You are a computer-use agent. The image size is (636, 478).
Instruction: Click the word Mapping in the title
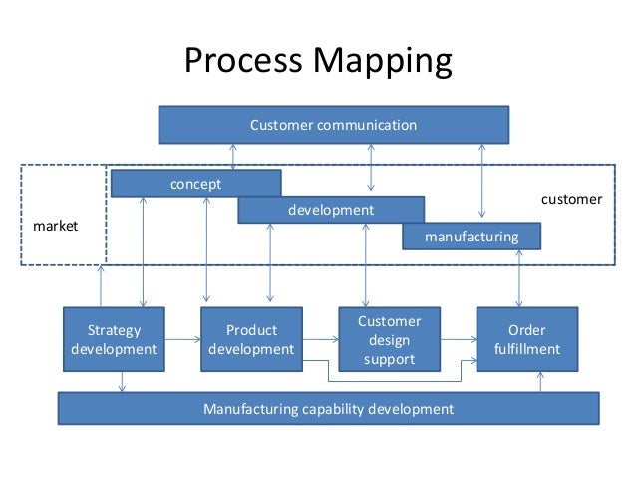pos(383,64)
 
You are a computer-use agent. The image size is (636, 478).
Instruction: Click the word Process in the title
pos(243,64)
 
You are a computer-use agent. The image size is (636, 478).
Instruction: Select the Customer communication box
pos(333,125)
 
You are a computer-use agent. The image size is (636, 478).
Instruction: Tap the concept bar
pos(195,184)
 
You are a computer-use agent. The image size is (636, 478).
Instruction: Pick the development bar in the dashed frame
pos(331,210)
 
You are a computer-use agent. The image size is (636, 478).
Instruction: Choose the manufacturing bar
pos(472,237)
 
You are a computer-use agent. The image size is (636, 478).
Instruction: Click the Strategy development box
pos(114,339)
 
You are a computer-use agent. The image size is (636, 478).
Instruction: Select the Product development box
pos(251,339)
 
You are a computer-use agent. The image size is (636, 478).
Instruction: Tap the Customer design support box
pos(389,339)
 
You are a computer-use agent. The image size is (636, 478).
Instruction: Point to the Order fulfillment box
pos(527,339)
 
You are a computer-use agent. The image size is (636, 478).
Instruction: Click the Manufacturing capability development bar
pos(328,408)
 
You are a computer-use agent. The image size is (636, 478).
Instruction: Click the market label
pos(56,227)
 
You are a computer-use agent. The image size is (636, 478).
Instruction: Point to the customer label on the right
pos(571,199)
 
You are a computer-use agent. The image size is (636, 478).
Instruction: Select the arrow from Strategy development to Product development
pos(182,340)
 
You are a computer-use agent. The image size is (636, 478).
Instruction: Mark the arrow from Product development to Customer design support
pos(320,340)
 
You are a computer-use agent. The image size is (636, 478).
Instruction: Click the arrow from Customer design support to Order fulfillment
pos(458,340)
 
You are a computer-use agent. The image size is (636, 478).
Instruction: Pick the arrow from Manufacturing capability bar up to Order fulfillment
pos(539,382)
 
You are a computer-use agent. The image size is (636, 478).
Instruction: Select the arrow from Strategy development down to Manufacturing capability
pos(122,382)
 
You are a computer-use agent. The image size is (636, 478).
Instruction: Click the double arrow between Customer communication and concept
pos(232,156)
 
